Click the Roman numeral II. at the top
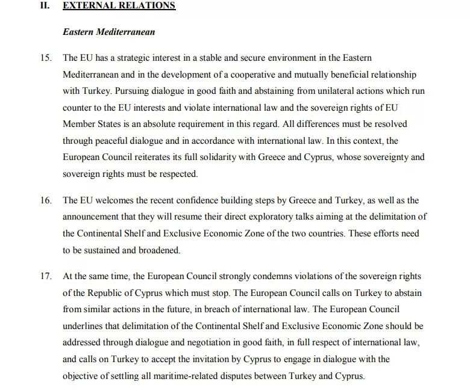pos(46,6)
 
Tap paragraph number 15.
pos(46,58)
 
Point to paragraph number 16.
pos(46,200)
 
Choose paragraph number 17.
pos(46,276)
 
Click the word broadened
pos(158,250)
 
